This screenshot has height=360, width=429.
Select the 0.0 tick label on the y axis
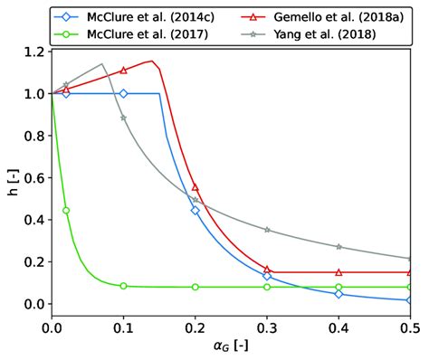click(x=33, y=304)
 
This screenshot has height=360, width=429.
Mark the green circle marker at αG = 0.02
click(x=66, y=210)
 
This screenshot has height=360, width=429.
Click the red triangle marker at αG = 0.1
click(x=124, y=71)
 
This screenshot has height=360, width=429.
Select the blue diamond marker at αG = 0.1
click(x=124, y=93)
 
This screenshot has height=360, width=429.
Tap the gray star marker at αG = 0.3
click(x=267, y=230)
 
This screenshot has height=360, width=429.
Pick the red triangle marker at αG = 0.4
click(x=338, y=272)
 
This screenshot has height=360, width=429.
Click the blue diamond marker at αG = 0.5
click(x=410, y=300)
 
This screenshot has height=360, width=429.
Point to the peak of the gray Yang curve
click(x=102, y=64)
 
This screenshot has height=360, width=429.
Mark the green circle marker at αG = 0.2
click(x=195, y=287)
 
